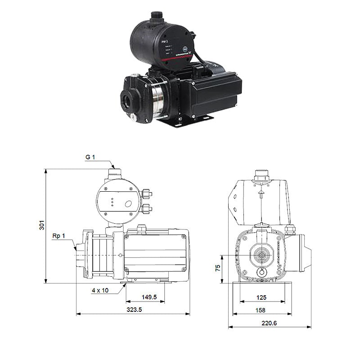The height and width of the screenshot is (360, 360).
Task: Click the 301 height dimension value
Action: tap(41, 225)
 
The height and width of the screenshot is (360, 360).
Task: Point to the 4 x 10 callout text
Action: tap(99, 290)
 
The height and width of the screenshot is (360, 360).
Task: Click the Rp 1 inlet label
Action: tap(58, 236)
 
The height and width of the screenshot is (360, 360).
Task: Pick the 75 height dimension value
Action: tap(217, 268)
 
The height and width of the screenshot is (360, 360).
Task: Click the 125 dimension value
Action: tap(261, 297)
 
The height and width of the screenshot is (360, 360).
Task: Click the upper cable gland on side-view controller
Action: tap(146, 194)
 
